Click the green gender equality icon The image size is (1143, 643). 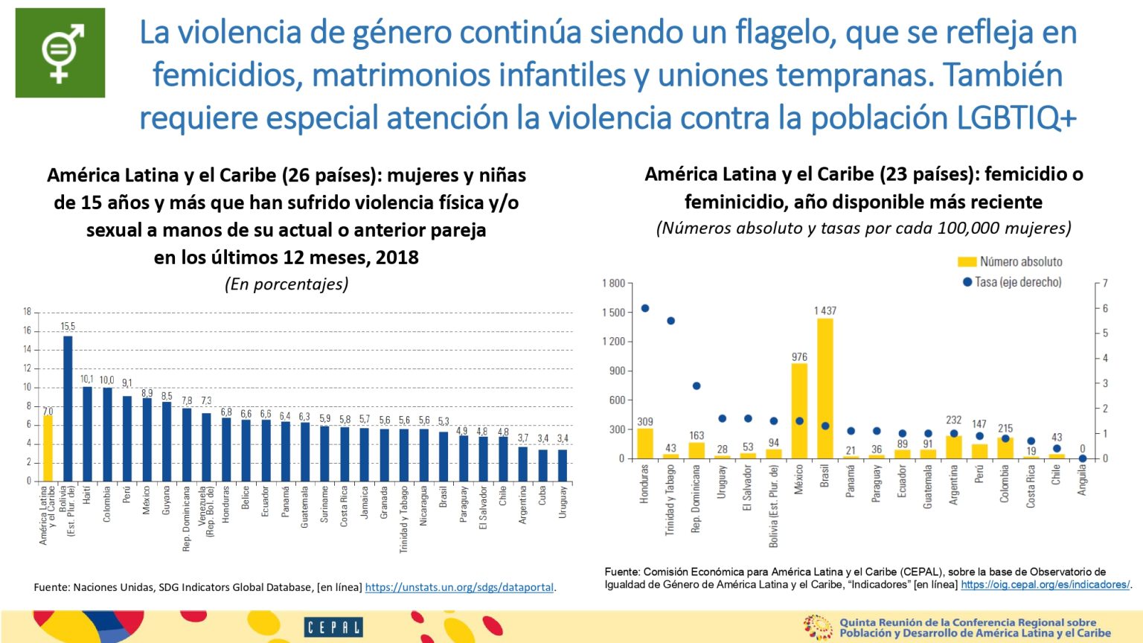60,53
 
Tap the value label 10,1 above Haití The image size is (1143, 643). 87,380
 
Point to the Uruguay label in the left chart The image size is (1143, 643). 563,502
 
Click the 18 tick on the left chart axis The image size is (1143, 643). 27,312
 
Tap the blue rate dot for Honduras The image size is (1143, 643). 645,308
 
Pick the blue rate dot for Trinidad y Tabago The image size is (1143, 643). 670,321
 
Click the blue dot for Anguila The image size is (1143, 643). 1082,458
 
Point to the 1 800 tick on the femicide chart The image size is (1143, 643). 614,284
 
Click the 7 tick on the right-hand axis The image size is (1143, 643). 1105,284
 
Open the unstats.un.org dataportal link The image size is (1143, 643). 459,587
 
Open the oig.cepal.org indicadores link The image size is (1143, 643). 1045,585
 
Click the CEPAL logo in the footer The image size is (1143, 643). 333,627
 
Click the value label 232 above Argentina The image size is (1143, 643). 953,420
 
